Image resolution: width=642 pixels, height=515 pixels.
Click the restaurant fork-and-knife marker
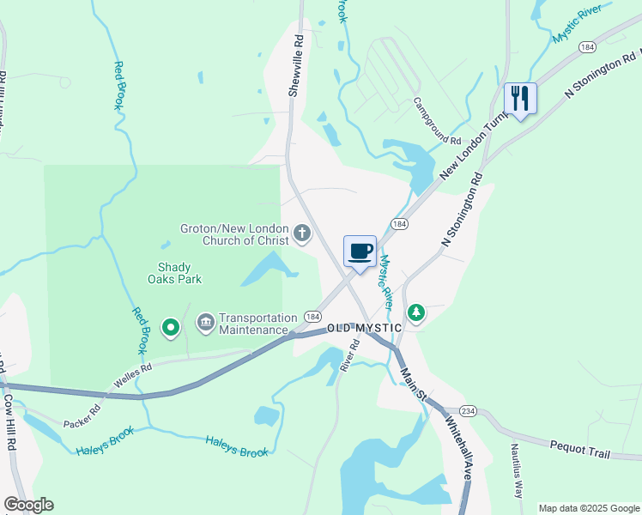point(519,99)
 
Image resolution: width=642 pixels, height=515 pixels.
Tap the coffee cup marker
point(360,251)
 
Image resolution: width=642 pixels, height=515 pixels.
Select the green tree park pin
point(416,313)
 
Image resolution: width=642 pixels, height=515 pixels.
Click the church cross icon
point(302,233)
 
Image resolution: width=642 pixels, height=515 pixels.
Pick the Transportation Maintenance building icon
point(206,324)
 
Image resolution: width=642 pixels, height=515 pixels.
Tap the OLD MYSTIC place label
point(364,329)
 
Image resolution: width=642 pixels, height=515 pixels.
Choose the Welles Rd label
point(134,373)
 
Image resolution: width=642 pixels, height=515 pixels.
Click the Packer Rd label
point(82,416)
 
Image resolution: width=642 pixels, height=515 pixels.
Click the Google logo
point(28,505)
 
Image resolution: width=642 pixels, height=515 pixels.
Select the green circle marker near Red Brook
point(171,326)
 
